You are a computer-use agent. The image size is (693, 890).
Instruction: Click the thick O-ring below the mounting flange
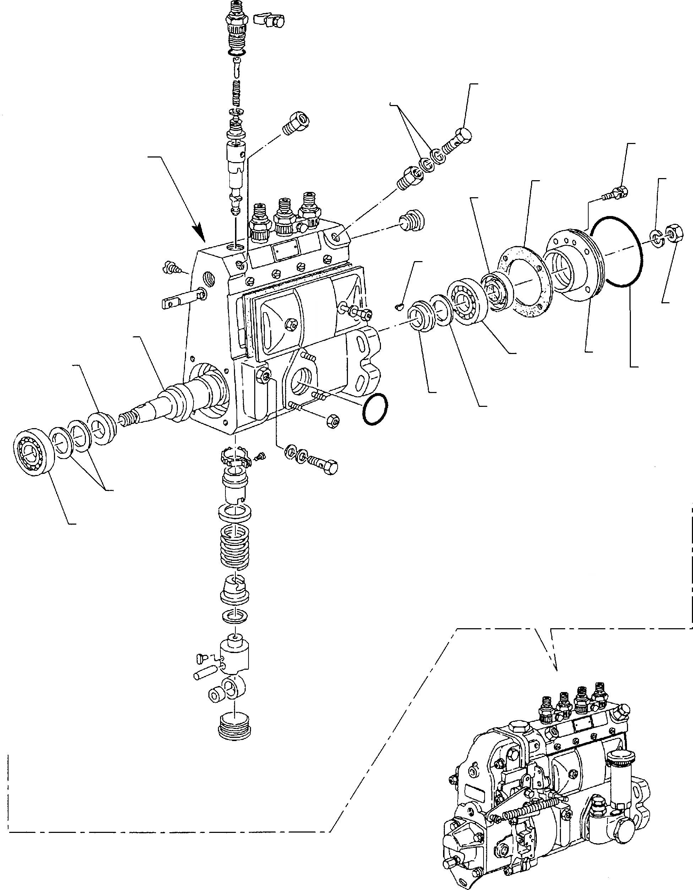(x=375, y=410)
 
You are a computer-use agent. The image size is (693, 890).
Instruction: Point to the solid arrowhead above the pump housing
(x=201, y=233)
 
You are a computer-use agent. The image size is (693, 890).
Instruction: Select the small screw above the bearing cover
(x=614, y=193)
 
